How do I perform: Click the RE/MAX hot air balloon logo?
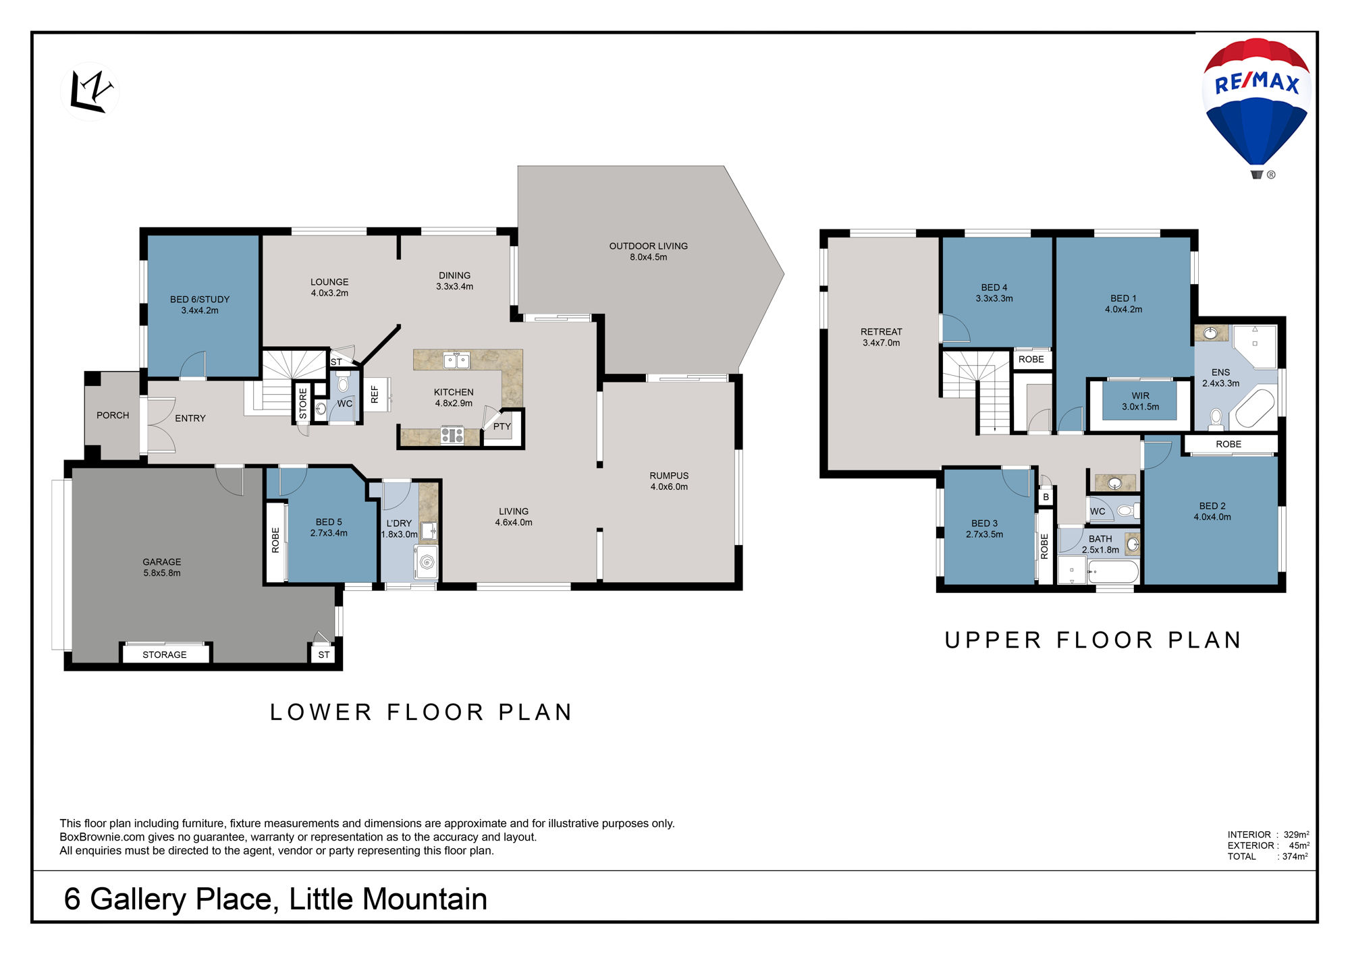click(x=1256, y=108)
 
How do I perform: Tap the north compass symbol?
click(x=90, y=91)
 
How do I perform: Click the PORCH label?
click(x=113, y=416)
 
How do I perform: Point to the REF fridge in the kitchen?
click(x=375, y=394)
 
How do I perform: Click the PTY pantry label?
click(x=502, y=426)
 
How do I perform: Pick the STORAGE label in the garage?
click(x=165, y=655)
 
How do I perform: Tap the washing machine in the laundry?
click(x=427, y=562)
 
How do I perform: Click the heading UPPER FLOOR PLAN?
click(x=1093, y=640)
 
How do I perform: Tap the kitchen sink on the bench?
click(x=456, y=360)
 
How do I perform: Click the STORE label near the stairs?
click(x=303, y=403)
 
